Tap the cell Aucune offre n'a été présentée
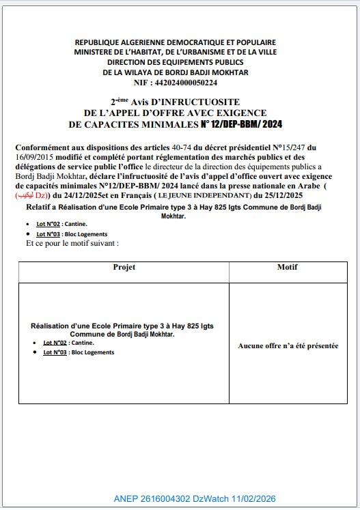(x=288, y=346)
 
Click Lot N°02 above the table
(x=50, y=224)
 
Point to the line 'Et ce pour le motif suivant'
(x=72, y=243)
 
